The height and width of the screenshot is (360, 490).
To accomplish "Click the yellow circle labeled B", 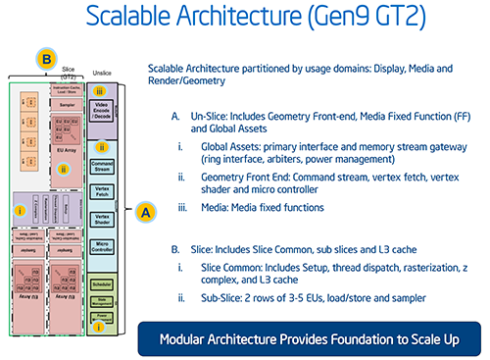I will pyautogui.click(x=46, y=60).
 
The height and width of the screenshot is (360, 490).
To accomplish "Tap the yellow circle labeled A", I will pyautogui.click(x=143, y=210).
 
